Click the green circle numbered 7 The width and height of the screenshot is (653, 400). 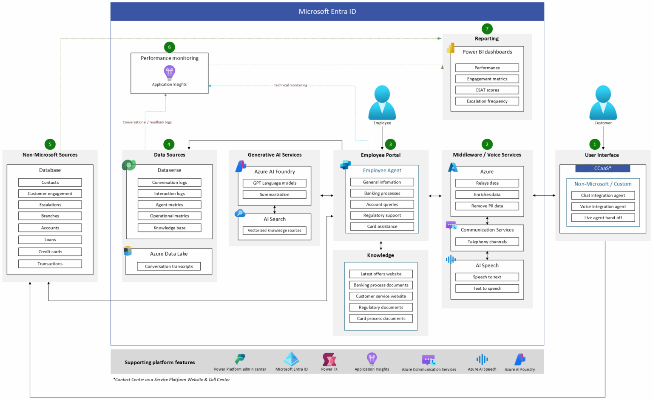click(487, 29)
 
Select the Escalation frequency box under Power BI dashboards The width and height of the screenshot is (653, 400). click(487, 101)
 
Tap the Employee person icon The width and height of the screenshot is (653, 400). click(382, 103)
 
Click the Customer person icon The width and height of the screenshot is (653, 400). click(603, 103)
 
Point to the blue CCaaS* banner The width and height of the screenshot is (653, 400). click(602, 169)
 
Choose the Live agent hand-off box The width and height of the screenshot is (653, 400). click(602, 218)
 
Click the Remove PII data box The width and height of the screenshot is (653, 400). click(487, 206)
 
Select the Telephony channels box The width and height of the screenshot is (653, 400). click(487, 242)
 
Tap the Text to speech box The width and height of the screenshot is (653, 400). click(487, 289)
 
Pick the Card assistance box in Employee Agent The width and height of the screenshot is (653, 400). click(382, 226)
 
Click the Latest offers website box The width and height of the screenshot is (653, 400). click(381, 274)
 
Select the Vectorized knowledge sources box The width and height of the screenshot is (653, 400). click(274, 231)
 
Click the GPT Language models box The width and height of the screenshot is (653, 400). click(274, 183)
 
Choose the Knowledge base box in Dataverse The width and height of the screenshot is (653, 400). click(169, 228)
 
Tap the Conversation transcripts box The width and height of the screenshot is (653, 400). click(169, 266)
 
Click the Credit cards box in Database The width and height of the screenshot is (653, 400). click(50, 252)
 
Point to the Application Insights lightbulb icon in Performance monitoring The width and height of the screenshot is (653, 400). click(169, 72)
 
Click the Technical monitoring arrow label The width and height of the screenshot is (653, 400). click(290, 85)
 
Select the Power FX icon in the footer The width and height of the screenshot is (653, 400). click(329, 360)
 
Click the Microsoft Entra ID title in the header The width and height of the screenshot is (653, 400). click(327, 11)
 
